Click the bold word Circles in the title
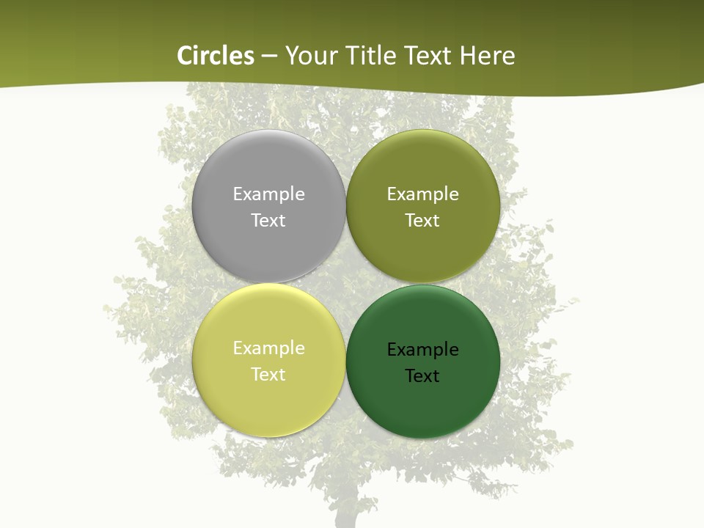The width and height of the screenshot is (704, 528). (x=216, y=56)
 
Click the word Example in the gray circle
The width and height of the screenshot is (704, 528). (x=268, y=194)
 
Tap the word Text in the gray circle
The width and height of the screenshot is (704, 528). (x=268, y=221)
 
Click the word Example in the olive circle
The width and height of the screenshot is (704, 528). (x=422, y=194)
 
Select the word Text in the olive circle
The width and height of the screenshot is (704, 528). (x=422, y=221)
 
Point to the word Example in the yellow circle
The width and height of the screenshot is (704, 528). (x=268, y=348)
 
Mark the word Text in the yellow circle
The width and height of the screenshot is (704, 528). (x=268, y=375)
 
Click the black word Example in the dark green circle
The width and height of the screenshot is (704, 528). (x=422, y=350)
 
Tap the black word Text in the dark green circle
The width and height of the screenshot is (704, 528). (x=422, y=376)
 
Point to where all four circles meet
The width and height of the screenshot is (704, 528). (x=345, y=283)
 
